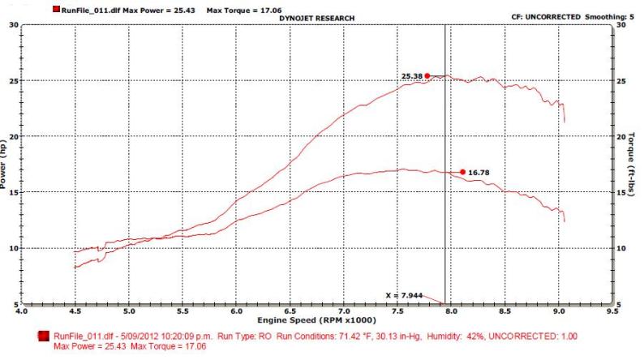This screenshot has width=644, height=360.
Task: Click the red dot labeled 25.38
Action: [427, 76]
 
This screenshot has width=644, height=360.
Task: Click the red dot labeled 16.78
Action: [462, 172]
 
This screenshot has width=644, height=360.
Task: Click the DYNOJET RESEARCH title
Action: [316, 17]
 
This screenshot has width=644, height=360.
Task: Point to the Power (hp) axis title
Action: [4, 165]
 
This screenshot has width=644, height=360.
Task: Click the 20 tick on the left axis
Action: [14, 136]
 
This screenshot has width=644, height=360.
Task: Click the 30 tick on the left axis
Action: [14, 24]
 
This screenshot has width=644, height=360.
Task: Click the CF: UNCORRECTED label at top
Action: [531, 15]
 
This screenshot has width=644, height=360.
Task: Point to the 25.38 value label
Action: [412, 77]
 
